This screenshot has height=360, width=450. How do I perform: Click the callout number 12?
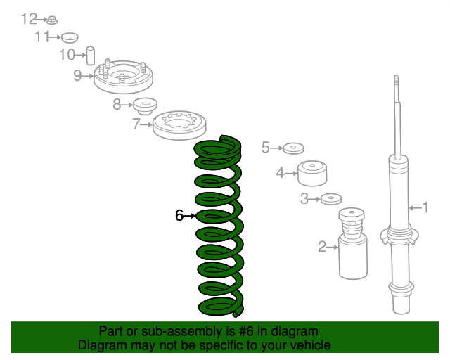[x=29, y=19]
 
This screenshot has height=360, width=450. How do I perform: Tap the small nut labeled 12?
[x=52, y=20]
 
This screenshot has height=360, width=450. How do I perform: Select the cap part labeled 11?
[x=70, y=37]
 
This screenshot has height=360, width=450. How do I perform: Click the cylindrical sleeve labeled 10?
[x=91, y=56]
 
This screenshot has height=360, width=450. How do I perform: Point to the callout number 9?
[x=77, y=75]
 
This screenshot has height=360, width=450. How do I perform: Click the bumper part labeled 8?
[x=146, y=106]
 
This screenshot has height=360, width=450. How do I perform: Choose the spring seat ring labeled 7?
[x=179, y=125]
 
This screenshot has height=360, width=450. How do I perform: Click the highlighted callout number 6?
[x=179, y=215]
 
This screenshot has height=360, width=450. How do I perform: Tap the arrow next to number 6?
[x=189, y=216]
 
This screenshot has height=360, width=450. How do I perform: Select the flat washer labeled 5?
[x=294, y=148]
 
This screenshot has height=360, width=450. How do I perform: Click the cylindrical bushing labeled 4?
[x=312, y=173]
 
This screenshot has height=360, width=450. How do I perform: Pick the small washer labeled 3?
[x=331, y=199]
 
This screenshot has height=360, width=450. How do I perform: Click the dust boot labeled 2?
[x=352, y=243]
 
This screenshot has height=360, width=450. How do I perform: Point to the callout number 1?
[x=425, y=207]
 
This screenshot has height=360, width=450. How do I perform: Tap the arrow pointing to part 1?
[x=415, y=207]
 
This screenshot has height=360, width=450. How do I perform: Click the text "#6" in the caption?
[x=246, y=331]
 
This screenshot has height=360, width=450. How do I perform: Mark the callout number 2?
[x=322, y=247]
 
